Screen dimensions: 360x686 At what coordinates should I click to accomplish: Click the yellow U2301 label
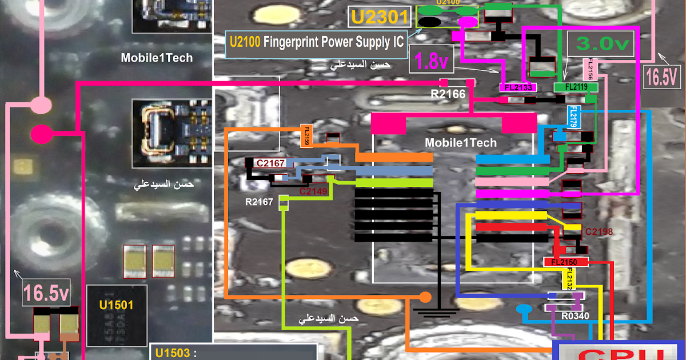coord(380,17)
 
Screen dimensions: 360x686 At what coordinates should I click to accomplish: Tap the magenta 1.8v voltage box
coord(431,61)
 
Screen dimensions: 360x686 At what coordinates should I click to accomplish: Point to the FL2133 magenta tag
coord(518,87)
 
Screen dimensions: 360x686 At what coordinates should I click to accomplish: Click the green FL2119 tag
coord(576,87)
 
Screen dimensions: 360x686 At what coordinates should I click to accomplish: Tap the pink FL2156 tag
coord(591,70)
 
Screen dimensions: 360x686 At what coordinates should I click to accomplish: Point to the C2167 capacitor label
coord(270,163)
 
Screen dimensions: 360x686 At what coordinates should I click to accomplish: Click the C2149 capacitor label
coord(313,191)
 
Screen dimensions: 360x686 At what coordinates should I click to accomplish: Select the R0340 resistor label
coord(575,315)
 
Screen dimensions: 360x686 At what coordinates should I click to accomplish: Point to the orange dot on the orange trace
coord(425,297)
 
